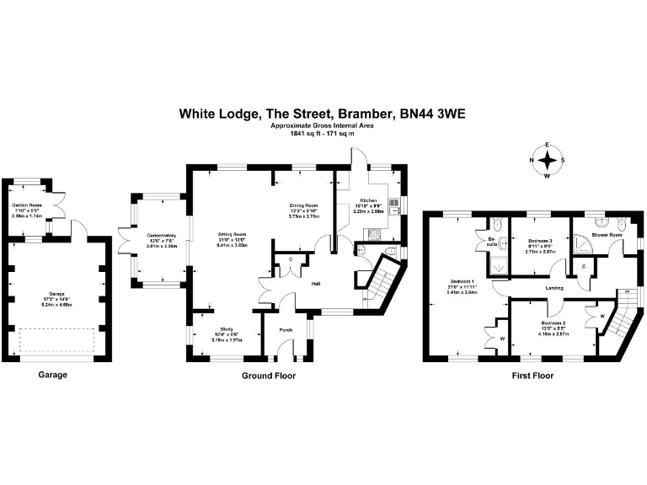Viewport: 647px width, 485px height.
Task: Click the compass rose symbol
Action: (548, 160)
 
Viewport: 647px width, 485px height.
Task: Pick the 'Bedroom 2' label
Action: (553, 323)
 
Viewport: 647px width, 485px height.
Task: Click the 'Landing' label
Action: (553, 288)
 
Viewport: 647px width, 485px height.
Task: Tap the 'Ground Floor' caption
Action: (269, 375)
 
